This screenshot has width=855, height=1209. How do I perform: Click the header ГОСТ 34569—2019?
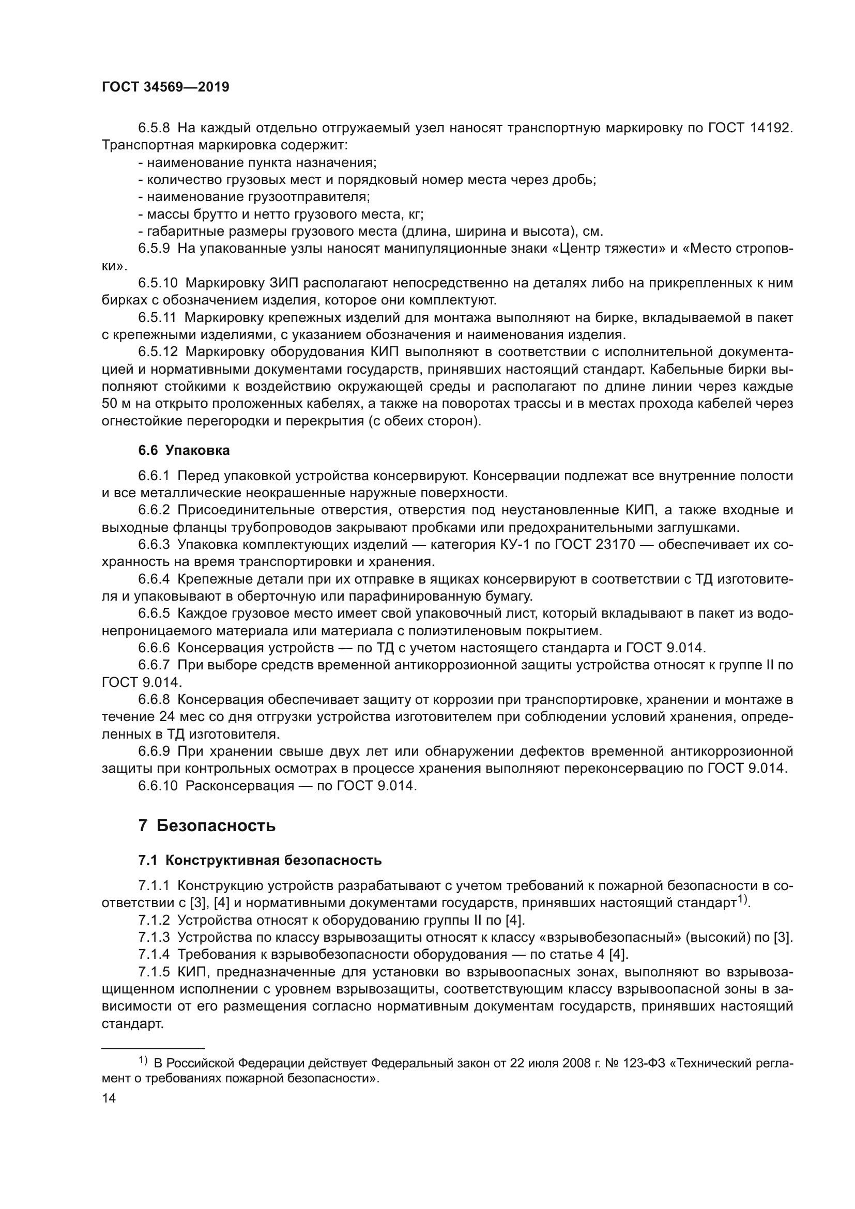point(165,87)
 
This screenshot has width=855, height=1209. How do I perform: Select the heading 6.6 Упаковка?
point(184,450)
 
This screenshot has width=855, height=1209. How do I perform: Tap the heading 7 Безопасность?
point(207,825)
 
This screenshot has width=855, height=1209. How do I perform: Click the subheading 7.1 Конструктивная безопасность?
point(259,861)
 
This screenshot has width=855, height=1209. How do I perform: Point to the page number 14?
point(109,1098)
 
